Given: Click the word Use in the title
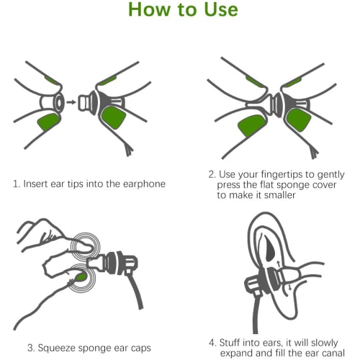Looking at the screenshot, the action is click(x=221, y=9).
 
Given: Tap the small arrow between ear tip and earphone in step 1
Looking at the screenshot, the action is click(x=71, y=102).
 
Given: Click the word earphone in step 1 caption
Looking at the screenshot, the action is click(x=144, y=184).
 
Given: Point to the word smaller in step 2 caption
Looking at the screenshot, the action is click(x=279, y=195).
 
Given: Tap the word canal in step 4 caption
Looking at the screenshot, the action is click(x=333, y=353).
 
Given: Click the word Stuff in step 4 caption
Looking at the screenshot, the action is click(x=230, y=343).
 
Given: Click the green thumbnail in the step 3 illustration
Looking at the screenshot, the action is click(x=81, y=277).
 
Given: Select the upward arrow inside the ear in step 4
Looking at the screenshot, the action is click(x=279, y=264).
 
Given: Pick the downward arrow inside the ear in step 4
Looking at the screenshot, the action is click(x=289, y=287).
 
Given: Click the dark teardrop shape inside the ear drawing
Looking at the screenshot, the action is click(x=270, y=250).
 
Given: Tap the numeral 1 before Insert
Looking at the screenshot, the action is click(x=16, y=184).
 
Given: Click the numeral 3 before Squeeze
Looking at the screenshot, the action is click(x=31, y=348).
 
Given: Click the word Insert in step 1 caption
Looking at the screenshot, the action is click(x=35, y=184).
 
